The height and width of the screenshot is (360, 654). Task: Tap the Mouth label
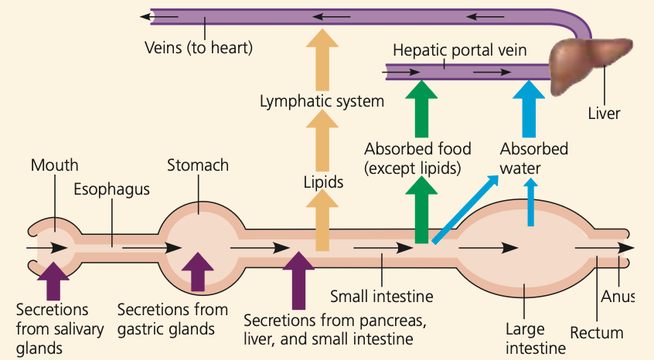pyautogui.click(x=55, y=165)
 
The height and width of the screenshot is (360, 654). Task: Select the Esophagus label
pyautogui.click(x=112, y=189)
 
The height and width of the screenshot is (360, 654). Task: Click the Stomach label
pyautogui.click(x=198, y=165)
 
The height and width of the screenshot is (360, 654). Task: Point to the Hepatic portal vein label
pyautogui.click(x=460, y=51)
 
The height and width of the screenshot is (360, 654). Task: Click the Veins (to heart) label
pyautogui.click(x=199, y=47)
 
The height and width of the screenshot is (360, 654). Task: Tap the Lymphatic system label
pyautogui.click(x=322, y=101)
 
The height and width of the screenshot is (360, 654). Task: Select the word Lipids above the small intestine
pyautogui.click(x=324, y=182)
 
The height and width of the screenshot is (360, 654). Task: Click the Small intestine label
pyautogui.click(x=382, y=297)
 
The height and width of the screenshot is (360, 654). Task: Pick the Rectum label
pyautogui.click(x=597, y=333)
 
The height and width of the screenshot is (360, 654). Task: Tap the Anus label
pyautogui.click(x=618, y=297)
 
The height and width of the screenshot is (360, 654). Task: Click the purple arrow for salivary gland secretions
pyautogui.click(x=53, y=281)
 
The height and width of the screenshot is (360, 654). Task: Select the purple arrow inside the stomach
pyautogui.click(x=198, y=272)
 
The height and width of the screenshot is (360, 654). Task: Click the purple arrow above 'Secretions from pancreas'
pyautogui.click(x=298, y=280)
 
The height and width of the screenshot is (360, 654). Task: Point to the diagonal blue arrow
pyautogui.click(x=465, y=209)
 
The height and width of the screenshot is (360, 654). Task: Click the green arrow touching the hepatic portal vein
pyautogui.click(x=421, y=109)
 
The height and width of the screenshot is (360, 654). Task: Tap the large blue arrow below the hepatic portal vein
pyautogui.click(x=529, y=109)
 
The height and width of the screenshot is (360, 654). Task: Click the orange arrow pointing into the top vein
pyautogui.click(x=322, y=60)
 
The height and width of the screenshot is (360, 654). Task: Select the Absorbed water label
pyautogui.click(x=534, y=158)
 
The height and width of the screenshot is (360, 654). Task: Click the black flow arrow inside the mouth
pyautogui.click(x=46, y=248)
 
